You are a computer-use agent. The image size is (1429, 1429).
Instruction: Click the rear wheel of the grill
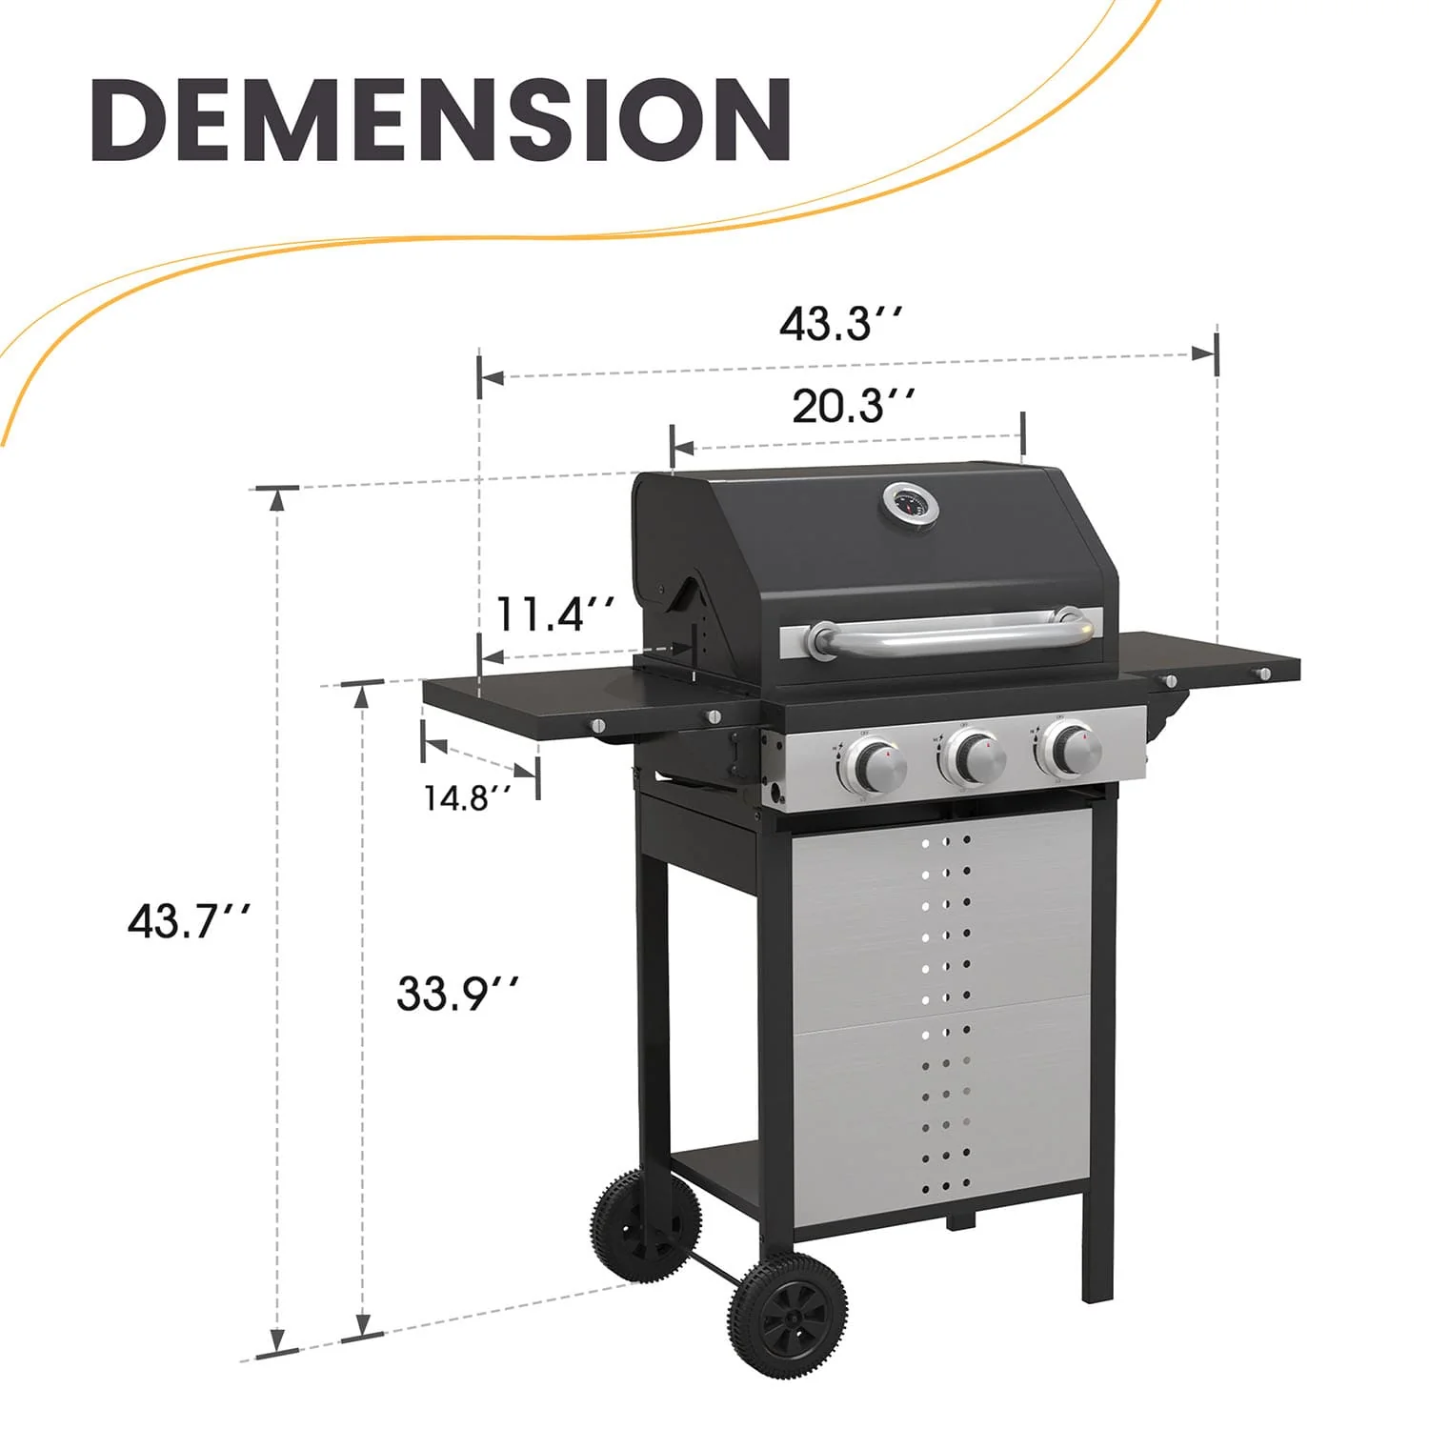(x=646, y=1226)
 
